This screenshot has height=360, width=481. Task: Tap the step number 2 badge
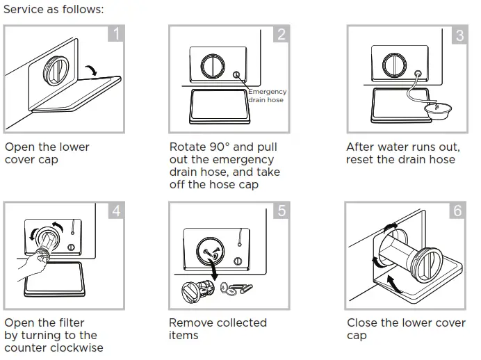pyautogui.click(x=281, y=34)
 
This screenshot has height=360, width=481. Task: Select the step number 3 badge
pyautogui.click(x=459, y=34)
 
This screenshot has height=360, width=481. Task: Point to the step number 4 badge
pyautogui.click(x=117, y=210)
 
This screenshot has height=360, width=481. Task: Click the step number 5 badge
pyautogui.click(x=281, y=210)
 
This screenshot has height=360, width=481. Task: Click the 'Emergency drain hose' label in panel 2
pyautogui.click(x=266, y=96)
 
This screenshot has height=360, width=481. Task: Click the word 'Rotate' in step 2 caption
pyautogui.click(x=188, y=147)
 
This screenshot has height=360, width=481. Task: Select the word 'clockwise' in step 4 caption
pyautogui.click(x=78, y=347)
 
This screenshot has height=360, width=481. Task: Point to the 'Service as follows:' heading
pyautogui.click(x=54, y=10)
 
